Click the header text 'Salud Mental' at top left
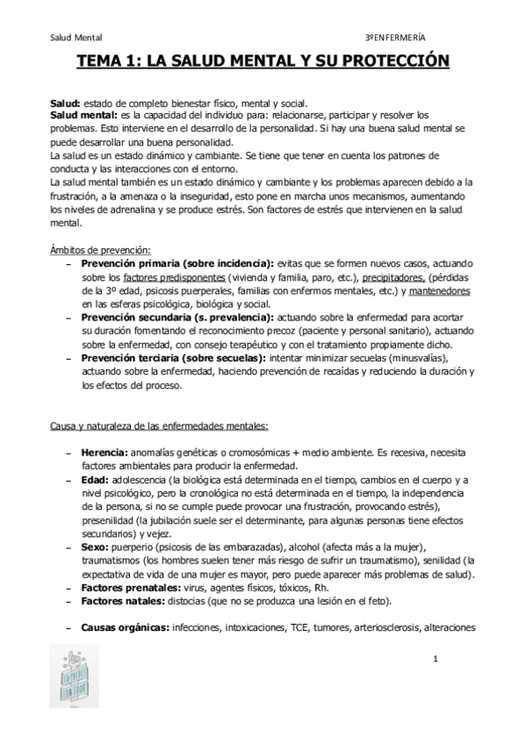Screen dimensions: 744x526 (76, 38)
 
